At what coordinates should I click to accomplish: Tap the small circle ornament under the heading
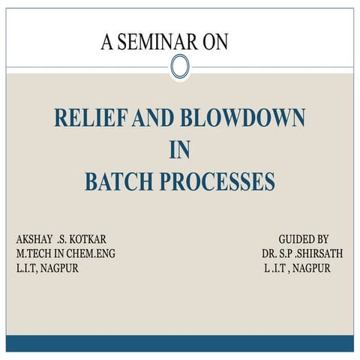pos(180,67)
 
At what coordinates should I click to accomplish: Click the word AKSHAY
pos(34,238)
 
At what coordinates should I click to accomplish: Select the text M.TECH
pos(35,253)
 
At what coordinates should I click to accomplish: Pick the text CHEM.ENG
pos(92,253)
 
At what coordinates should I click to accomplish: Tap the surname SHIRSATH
pos(318,253)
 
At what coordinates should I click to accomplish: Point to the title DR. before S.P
pos(271,253)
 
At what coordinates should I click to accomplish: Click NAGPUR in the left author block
pos(58,268)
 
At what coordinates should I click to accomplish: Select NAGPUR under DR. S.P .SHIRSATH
pos(311,268)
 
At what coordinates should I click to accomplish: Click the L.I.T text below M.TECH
pos(25,268)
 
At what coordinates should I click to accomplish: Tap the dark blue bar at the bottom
pos(180,343)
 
